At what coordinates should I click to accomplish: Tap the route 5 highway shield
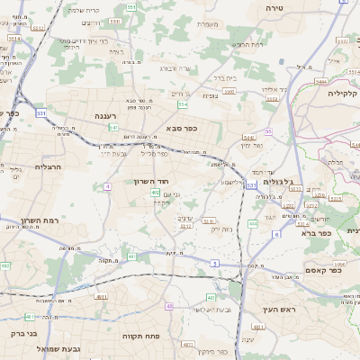point(214,262)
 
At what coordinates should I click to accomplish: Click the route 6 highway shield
point(276,233)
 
